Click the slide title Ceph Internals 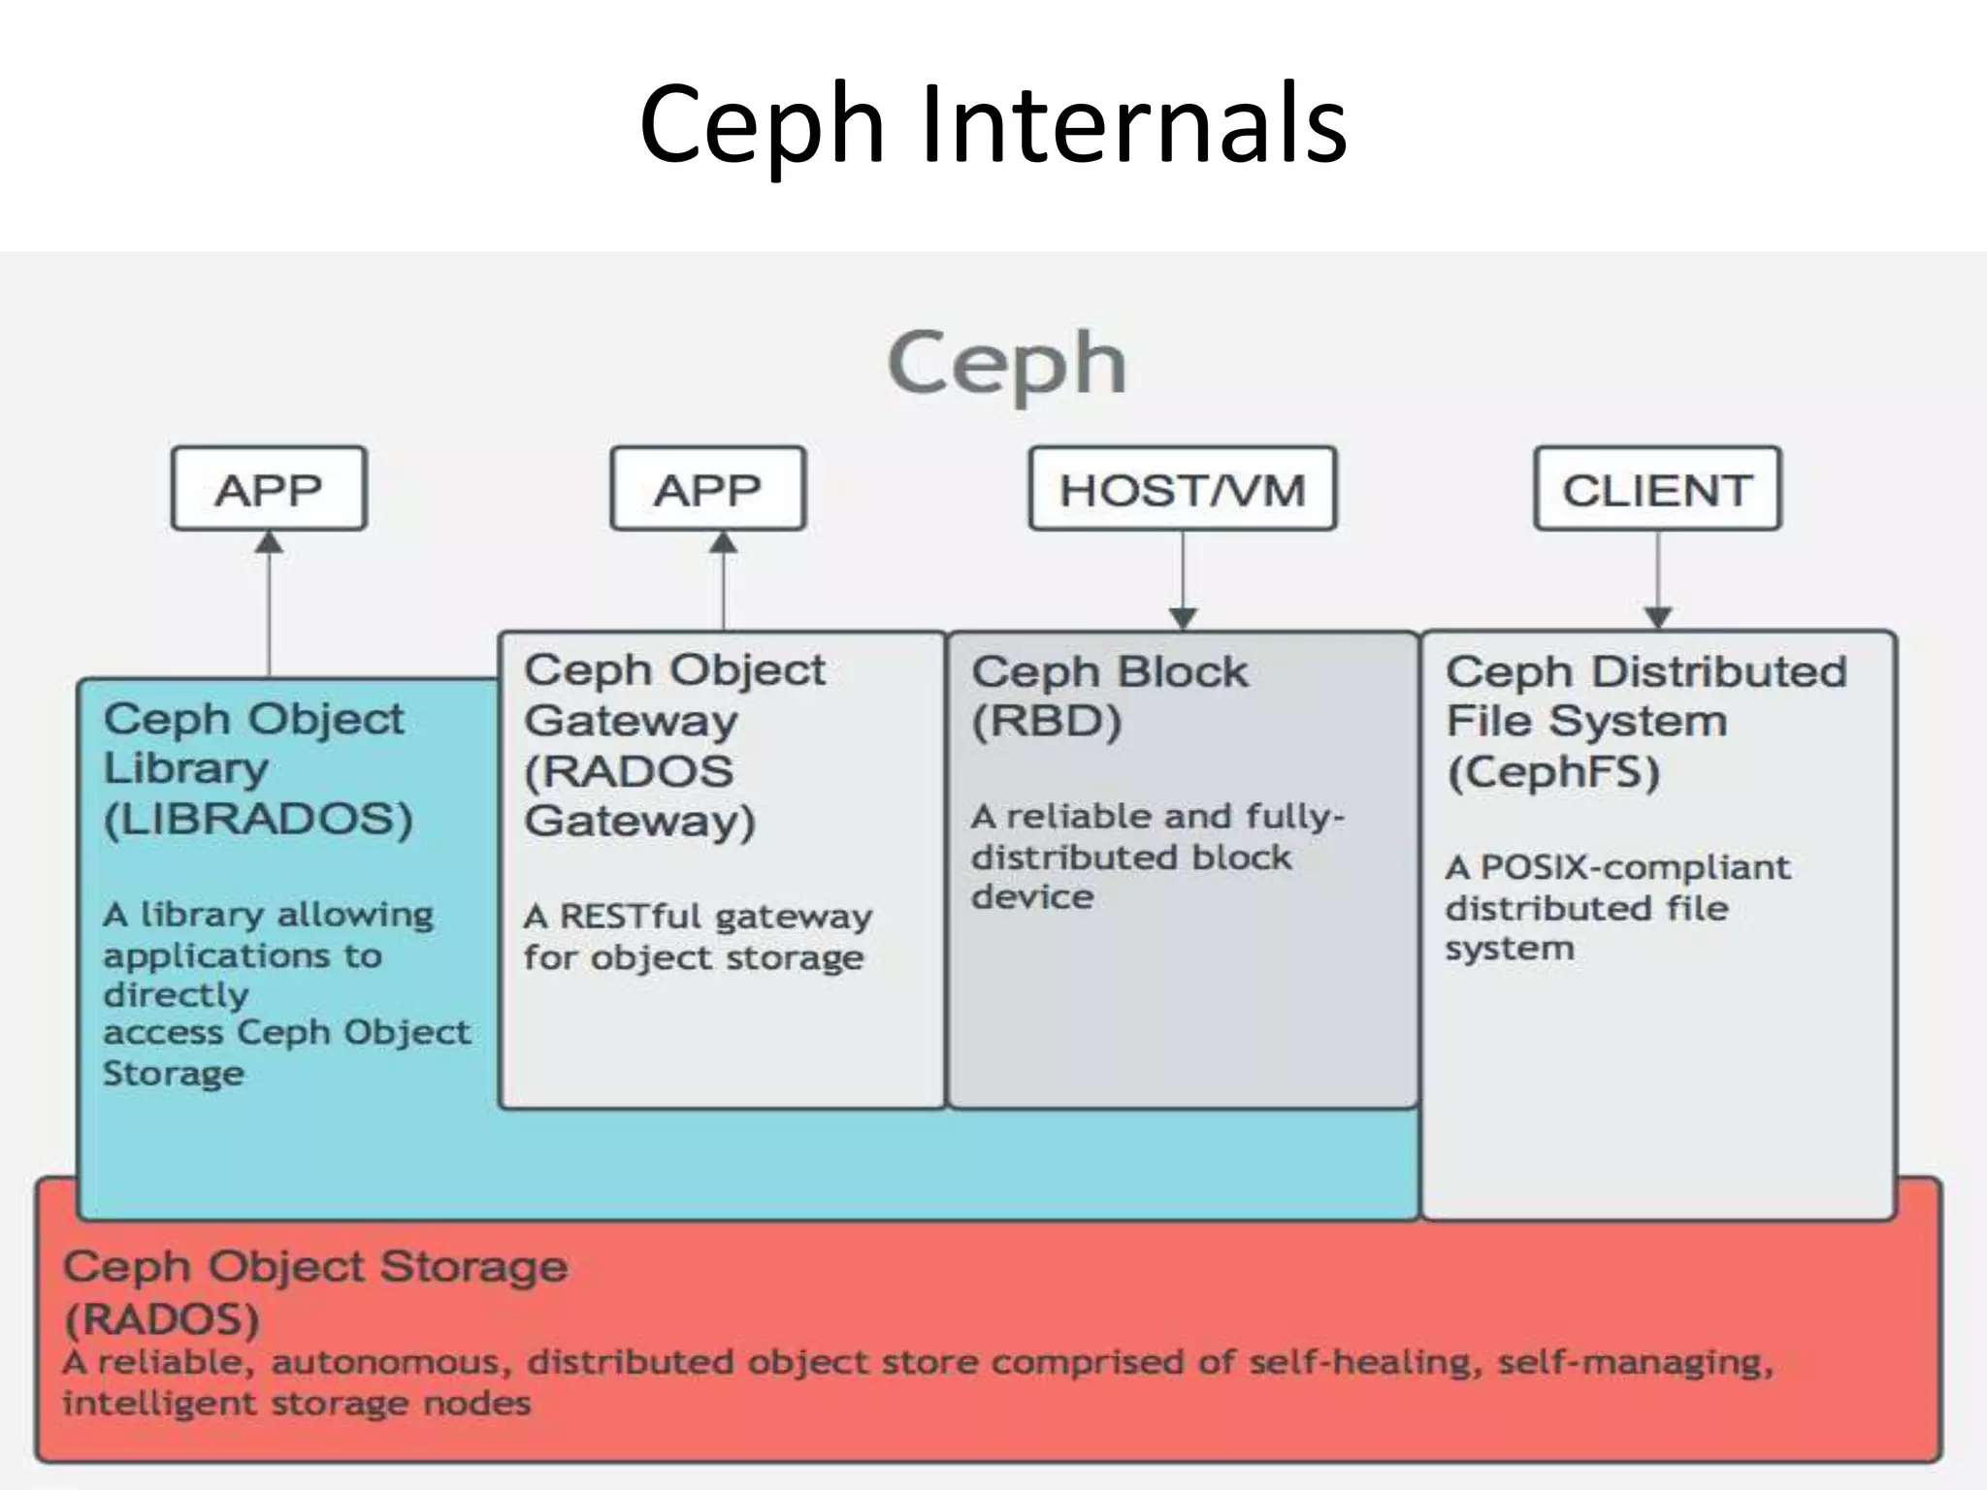[993, 124]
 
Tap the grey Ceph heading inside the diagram [1006, 363]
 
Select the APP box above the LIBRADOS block [269, 489]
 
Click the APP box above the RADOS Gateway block [707, 489]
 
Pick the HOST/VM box [1182, 489]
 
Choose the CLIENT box [1657, 489]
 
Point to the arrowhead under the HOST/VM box [1183, 618]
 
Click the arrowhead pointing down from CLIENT [1658, 618]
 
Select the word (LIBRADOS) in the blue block [258, 820]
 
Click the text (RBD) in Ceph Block [1046, 722]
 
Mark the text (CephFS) [1553, 773]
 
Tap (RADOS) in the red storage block [162, 1319]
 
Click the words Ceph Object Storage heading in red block [315, 1267]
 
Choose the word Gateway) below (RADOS [639, 822]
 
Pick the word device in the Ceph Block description [1031, 897]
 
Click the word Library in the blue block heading [186, 768]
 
